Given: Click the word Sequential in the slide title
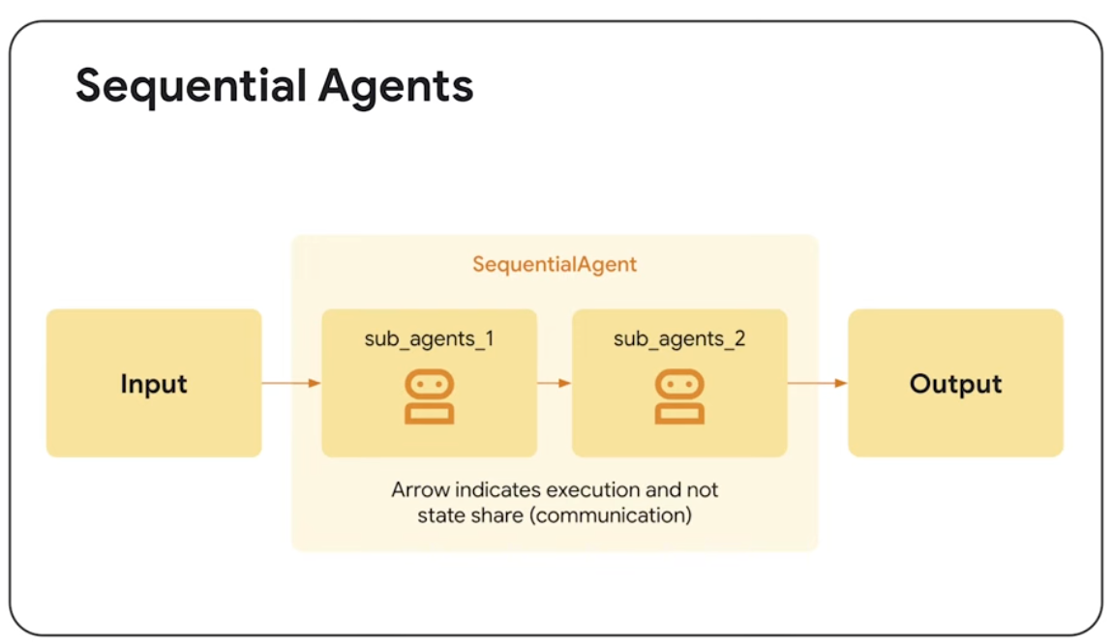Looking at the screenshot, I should (x=182, y=86).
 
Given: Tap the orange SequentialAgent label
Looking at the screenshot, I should (x=555, y=264).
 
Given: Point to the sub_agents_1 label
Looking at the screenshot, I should (x=429, y=339).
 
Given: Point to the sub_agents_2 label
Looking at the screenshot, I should (x=679, y=339).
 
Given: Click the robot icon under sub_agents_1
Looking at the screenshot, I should (x=430, y=396).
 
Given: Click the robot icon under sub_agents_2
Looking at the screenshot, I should (x=679, y=396).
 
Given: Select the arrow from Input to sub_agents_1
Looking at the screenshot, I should (x=291, y=384).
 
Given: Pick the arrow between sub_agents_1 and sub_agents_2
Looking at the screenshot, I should (x=555, y=383).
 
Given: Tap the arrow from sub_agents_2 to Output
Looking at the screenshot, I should (x=818, y=383).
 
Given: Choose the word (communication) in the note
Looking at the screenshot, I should (x=613, y=514).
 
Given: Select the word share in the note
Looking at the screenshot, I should (x=497, y=514).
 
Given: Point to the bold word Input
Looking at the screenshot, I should (x=154, y=384).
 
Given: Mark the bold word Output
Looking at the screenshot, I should (x=955, y=384).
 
